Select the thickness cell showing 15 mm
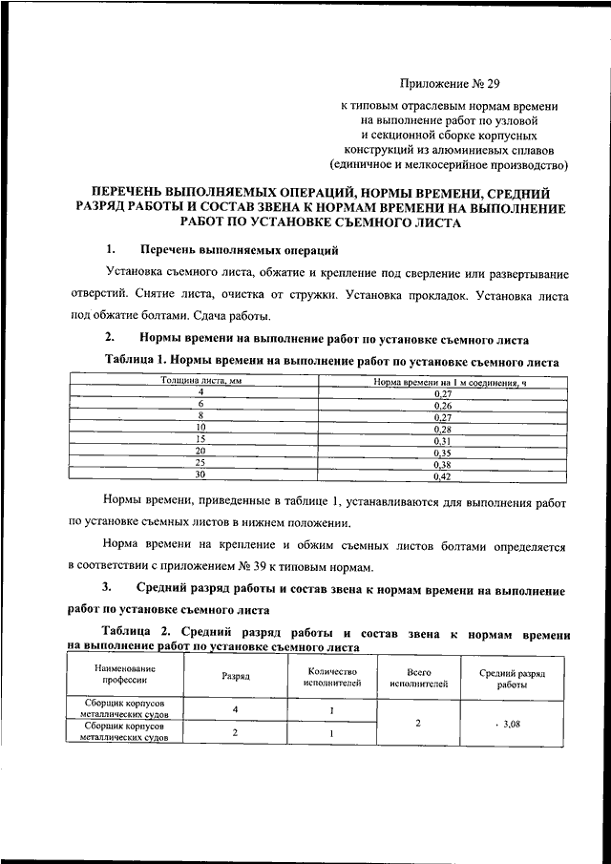(x=200, y=441)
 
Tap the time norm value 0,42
(x=442, y=474)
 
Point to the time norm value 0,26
(x=442, y=405)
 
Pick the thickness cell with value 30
(x=200, y=474)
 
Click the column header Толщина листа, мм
(x=200, y=382)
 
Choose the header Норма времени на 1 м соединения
(x=442, y=382)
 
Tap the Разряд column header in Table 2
(x=236, y=676)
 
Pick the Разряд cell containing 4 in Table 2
(x=236, y=710)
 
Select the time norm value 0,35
(x=442, y=452)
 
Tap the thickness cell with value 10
(x=200, y=429)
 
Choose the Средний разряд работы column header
(x=511, y=677)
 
